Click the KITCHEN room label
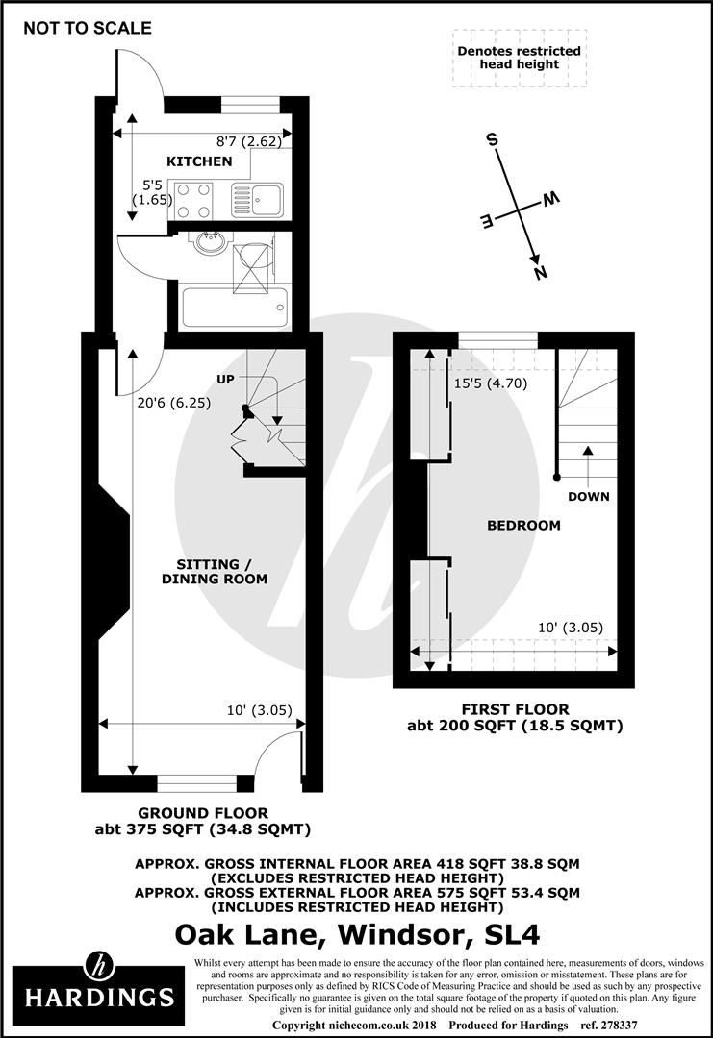pos(199,161)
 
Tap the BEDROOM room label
pos(523,525)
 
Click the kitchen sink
pos(256,200)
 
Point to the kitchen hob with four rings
pos(193,201)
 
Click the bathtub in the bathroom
pos(234,307)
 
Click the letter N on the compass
pos(540,273)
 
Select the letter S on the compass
pos(493,140)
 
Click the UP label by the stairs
pos(225,380)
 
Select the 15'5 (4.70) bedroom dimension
pos(490,383)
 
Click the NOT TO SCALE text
pos(88,28)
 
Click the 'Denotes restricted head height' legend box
pos(519,57)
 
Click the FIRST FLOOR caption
pos(515,710)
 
